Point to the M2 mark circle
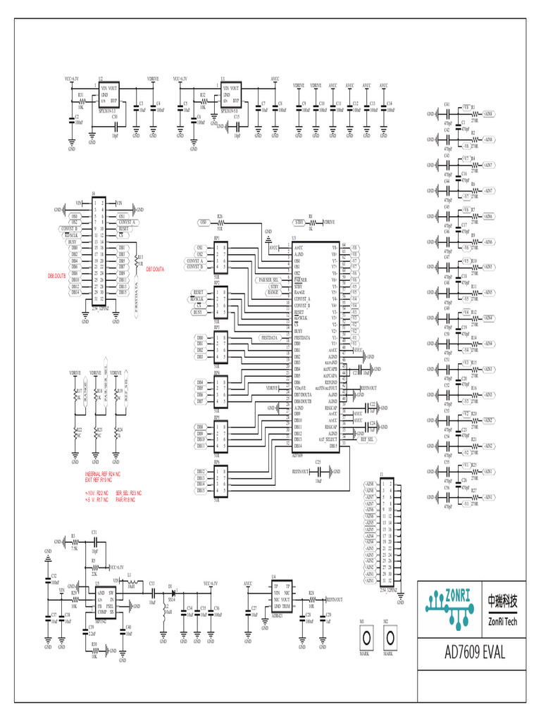tap(389, 638)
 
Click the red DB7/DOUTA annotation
tap(155, 269)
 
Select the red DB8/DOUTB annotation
tap(56, 276)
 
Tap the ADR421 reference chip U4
tap(282, 598)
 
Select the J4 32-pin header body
tap(99, 253)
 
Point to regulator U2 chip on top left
tap(109, 98)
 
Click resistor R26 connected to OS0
tap(220, 222)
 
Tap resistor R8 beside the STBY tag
tap(311, 222)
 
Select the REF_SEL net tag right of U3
tap(366, 439)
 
